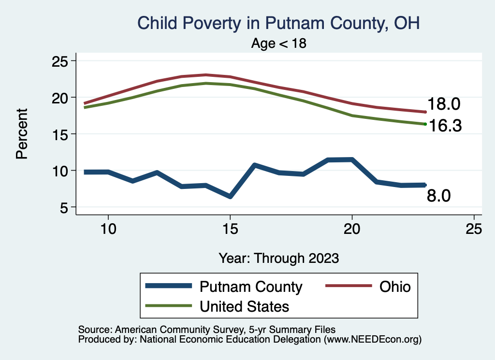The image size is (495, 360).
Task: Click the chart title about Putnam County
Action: [x=279, y=23]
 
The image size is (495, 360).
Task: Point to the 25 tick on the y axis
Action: [x=60, y=61]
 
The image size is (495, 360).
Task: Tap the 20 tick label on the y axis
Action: [x=60, y=97]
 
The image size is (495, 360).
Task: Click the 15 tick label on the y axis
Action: [x=60, y=134]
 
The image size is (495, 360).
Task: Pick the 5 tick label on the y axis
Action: [x=65, y=207]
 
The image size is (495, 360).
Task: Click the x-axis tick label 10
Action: [x=108, y=229]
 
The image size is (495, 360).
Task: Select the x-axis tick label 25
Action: [x=474, y=229]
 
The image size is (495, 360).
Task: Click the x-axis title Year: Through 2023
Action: [x=279, y=258]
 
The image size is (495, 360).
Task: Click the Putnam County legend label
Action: [x=251, y=287]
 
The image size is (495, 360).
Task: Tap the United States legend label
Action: [x=244, y=306]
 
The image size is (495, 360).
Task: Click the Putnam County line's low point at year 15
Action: [x=230, y=196]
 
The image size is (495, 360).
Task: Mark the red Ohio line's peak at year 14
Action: [x=206, y=75]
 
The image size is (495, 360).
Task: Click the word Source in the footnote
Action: [x=94, y=330]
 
